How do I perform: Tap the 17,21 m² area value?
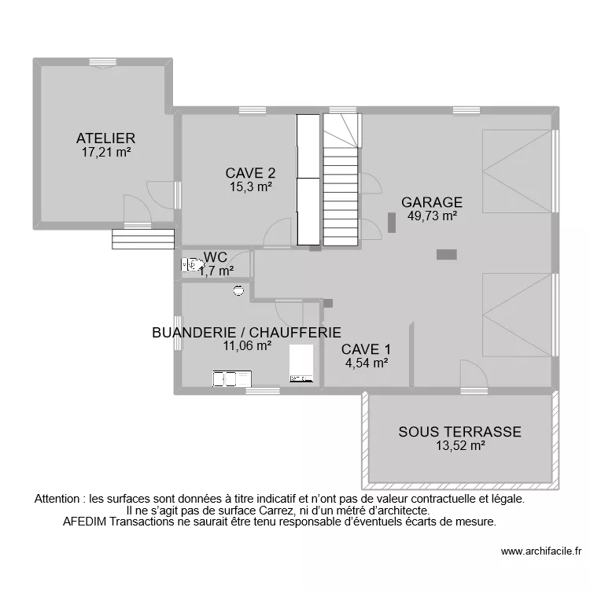tap(106, 153)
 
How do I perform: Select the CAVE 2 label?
tap(250, 173)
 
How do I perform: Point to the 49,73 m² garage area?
tap(432, 216)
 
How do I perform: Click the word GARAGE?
tap(432, 201)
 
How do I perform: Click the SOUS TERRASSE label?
tap(459, 431)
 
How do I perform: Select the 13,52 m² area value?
tap(459, 445)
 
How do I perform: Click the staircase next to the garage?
tap(341, 189)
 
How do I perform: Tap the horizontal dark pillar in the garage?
tap(447, 253)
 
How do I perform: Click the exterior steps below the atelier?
tap(142, 238)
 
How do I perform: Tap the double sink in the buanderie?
tap(229, 379)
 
